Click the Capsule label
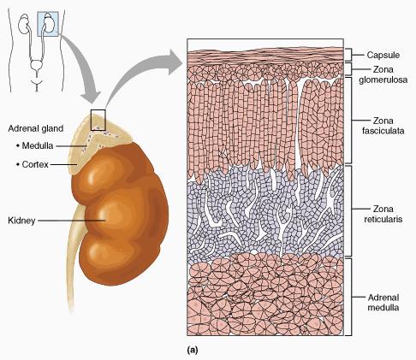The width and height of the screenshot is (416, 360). (383, 55)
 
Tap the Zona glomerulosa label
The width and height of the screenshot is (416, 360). (383, 74)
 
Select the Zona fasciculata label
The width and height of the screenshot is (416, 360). (383, 126)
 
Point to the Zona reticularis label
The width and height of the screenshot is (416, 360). (383, 214)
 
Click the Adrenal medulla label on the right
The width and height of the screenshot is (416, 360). (383, 303)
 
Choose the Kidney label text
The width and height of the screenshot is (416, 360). (21, 221)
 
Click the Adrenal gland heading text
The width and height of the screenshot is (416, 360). (36, 128)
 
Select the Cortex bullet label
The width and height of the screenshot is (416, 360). (33, 164)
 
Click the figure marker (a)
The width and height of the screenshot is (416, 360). (193, 350)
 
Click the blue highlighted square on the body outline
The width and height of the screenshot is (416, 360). (48, 24)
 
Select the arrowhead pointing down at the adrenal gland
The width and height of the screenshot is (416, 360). (90, 97)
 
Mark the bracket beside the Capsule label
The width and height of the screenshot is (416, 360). (348, 55)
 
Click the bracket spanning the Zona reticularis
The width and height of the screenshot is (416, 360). (348, 210)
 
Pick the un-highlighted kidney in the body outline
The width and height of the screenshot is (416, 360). (23, 24)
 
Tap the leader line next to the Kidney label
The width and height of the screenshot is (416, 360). (72, 221)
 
